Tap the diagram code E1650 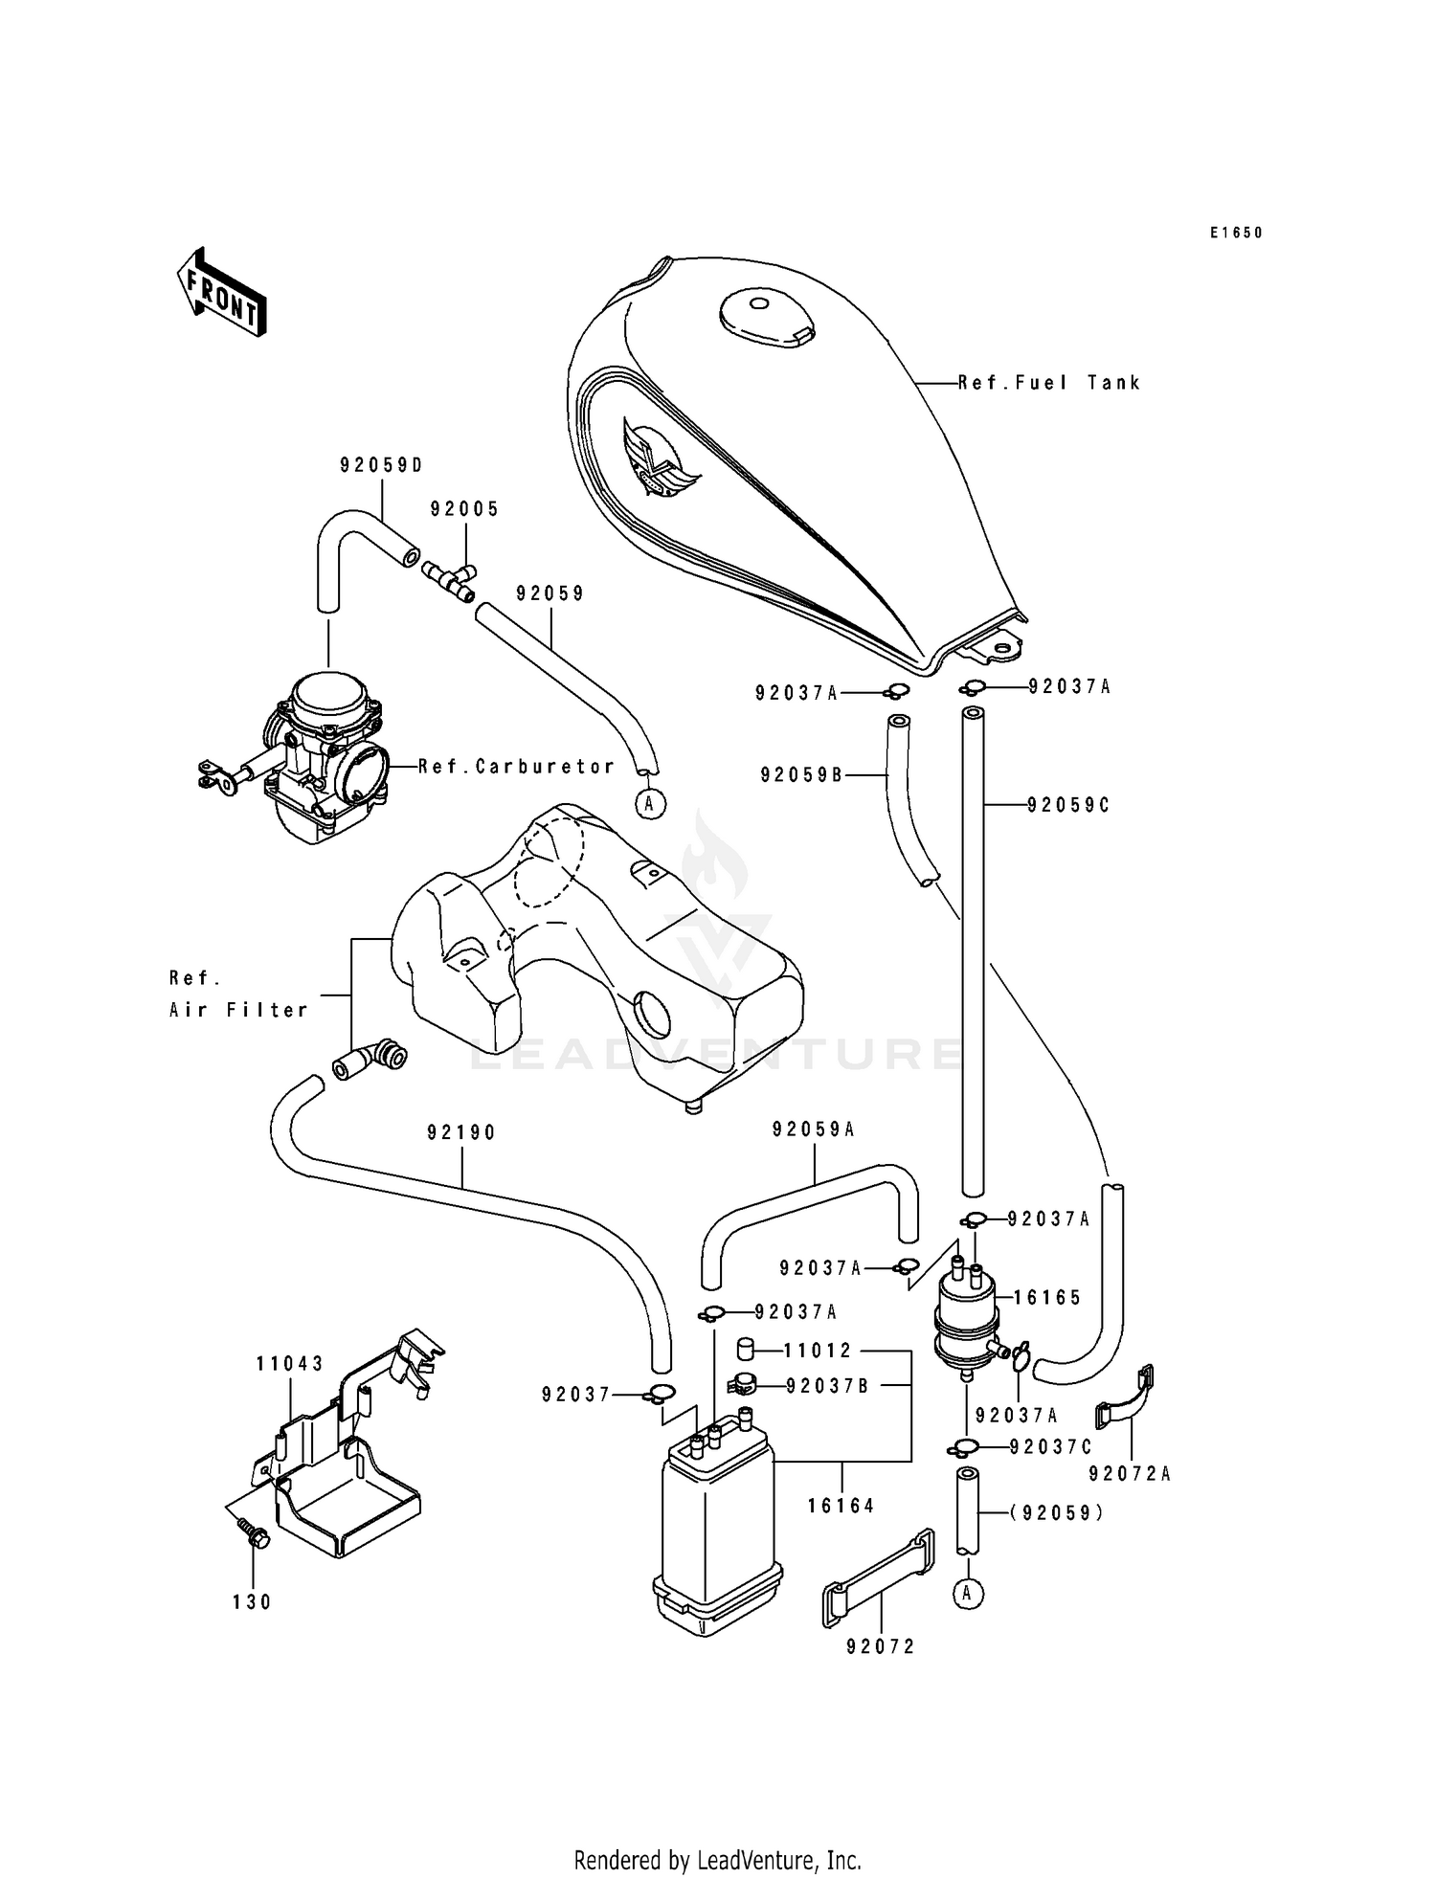pos(1235,233)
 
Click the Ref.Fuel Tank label pos(1049,383)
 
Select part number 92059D pos(381,466)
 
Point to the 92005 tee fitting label pos(464,509)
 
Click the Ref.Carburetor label pos(517,766)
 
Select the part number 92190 pos(461,1133)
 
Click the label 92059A pos(814,1130)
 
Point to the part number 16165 pos(1047,1298)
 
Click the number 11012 pos(818,1351)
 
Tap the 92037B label pos(828,1386)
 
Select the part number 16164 pos(841,1506)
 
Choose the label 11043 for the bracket pos(289,1363)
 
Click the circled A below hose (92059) pos(968,1593)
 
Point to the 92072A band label pos(1130,1474)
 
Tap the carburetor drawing pos(321,756)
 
